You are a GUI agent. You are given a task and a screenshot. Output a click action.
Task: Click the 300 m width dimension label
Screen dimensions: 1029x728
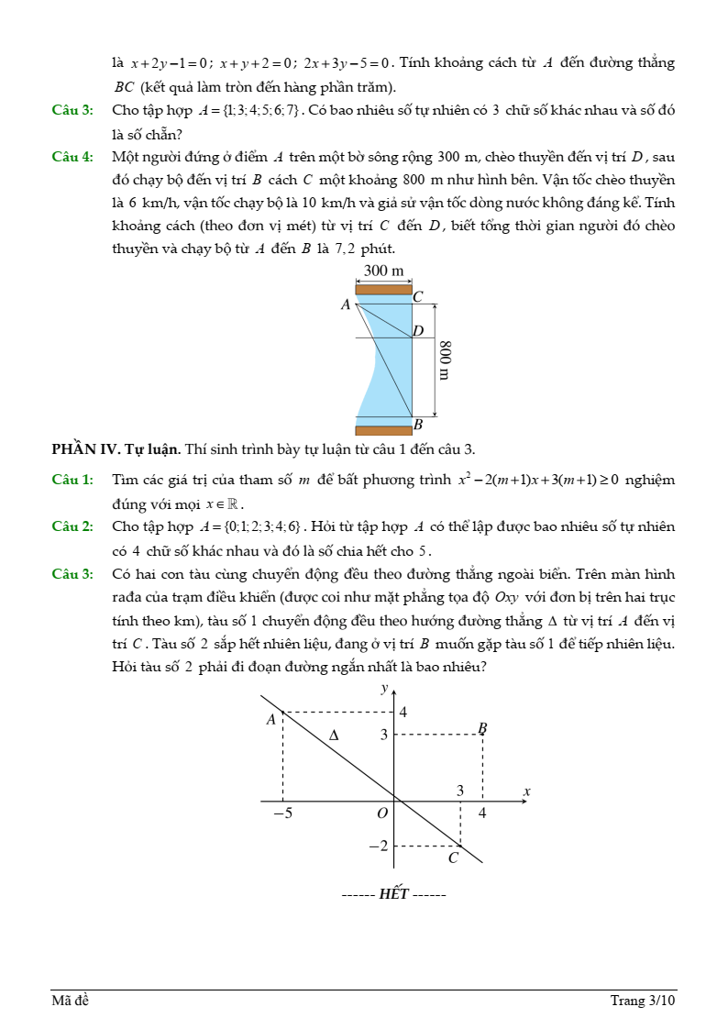coord(384,271)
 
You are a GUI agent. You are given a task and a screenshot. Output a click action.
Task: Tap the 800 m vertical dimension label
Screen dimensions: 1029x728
coord(444,360)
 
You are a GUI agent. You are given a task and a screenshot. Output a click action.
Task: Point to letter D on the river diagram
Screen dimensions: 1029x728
coord(418,330)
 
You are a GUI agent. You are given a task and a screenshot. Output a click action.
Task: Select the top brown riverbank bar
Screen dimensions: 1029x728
coord(383,290)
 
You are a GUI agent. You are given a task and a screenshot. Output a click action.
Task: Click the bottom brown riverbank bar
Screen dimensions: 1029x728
coord(383,430)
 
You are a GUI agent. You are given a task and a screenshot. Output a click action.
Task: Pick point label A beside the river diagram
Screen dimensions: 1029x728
coord(346,304)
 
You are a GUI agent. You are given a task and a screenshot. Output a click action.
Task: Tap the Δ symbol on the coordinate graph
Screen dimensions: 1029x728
coord(334,735)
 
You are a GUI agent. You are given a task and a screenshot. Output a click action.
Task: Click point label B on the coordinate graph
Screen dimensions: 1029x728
coord(482,728)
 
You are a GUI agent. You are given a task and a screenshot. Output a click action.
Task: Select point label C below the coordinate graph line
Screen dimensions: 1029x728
coord(452,858)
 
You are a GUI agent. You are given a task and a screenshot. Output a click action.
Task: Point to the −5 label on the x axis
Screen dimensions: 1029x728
coord(282,813)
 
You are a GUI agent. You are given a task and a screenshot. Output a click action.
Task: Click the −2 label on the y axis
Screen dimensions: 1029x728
coord(378,846)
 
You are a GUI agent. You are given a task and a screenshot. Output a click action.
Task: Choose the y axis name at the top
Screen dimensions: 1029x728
coord(385,688)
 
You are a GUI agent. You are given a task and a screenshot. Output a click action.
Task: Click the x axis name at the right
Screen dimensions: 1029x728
coord(527,791)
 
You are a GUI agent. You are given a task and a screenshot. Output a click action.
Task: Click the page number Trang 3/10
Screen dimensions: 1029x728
coord(643,1001)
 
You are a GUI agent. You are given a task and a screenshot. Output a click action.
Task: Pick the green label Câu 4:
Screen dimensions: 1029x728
coord(72,157)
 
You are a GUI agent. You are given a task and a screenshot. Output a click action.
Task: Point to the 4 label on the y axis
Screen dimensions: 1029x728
coord(403,712)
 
